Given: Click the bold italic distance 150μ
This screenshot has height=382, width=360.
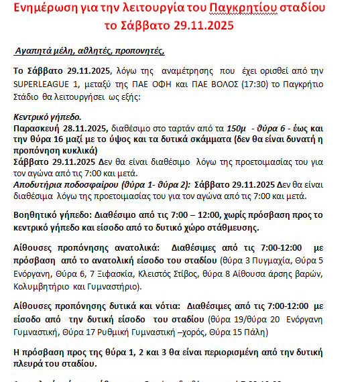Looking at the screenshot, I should point(236,126).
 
